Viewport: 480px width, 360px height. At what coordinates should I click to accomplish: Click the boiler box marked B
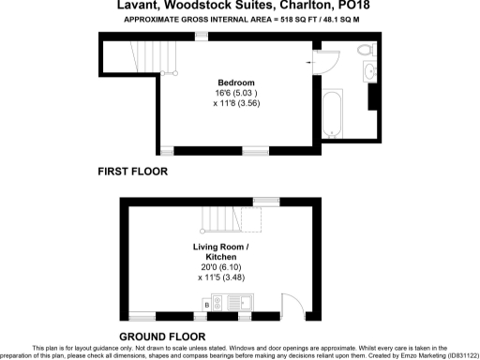tap(206, 304)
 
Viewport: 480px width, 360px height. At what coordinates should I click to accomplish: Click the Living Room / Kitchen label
tap(221, 251)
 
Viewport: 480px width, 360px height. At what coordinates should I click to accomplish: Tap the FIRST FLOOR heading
tap(132, 172)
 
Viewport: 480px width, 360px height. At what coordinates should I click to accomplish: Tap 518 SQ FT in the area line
tap(270, 19)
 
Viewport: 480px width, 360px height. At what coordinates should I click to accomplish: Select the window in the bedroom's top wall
tap(202, 36)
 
